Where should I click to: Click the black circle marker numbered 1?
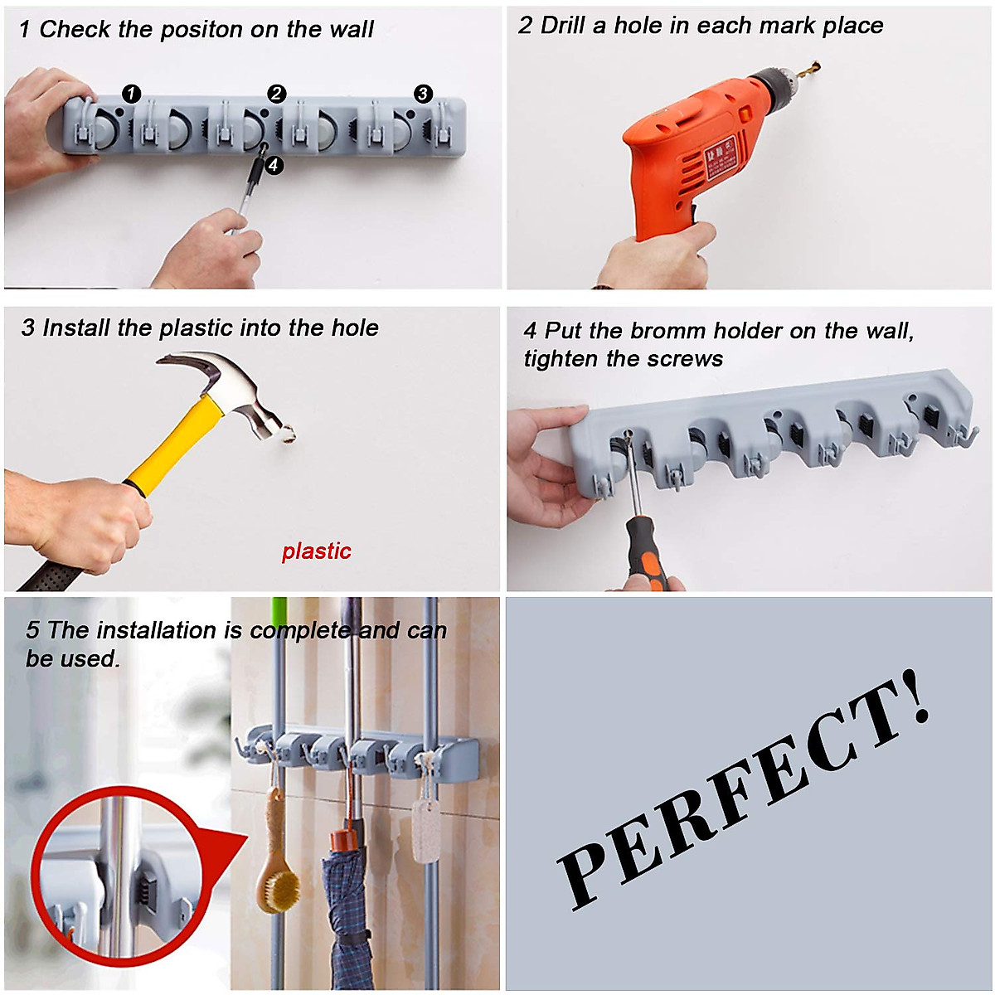pos(131,94)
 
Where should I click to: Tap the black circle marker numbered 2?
pos(277,94)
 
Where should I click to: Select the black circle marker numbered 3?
pos(423,94)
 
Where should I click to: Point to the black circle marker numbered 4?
pos(274,165)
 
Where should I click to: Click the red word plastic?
pos(316,551)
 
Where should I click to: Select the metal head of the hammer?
pos(240,390)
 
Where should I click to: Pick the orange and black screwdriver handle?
pos(647,551)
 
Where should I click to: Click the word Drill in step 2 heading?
pos(563,26)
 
